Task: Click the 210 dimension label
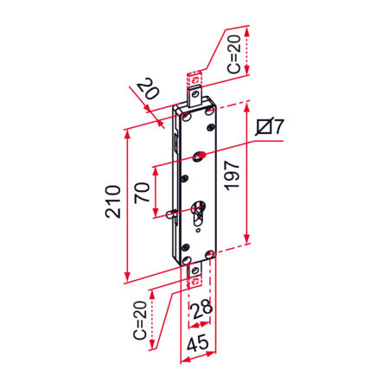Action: pyautogui.click(x=112, y=201)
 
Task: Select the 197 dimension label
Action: pyautogui.click(x=232, y=175)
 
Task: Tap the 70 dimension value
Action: pyautogui.click(x=142, y=193)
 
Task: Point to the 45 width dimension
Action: pyautogui.click(x=198, y=343)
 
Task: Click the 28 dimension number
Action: pyautogui.click(x=202, y=309)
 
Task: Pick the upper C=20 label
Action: pyautogui.click(x=233, y=54)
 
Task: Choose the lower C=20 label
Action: pyautogui.click(x=140, y=320)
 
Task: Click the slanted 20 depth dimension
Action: pyautogui.click(x=148, y=89)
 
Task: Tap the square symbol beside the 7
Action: pyautogui.click(x=265, y=126)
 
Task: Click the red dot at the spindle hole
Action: pyautogui.click(x=203, y=156)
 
